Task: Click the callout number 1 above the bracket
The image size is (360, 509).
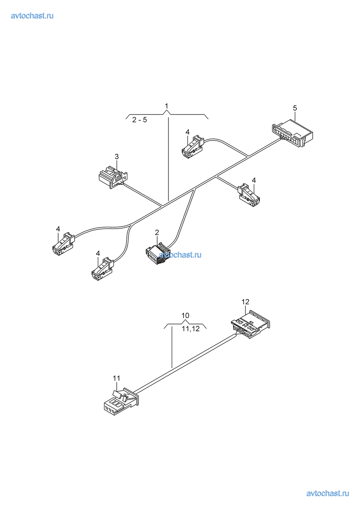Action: click(166, 106)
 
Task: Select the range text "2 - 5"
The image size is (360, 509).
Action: click(140, 120)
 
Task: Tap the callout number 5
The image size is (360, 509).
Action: click(295, 108)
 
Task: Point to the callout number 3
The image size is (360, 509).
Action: click(117, 156)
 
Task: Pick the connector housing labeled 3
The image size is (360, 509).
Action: click(112, 177)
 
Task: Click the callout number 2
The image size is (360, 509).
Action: click(157, 232)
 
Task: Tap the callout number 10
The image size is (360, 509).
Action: click(185, 315)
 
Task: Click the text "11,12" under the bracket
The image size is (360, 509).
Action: click(190, 329)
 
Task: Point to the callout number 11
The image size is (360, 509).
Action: click(116, 378)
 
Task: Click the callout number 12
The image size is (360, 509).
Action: click(245, 302)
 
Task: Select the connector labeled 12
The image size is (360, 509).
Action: click(250, 324)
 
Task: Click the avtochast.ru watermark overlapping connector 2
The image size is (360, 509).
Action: click(180, 255)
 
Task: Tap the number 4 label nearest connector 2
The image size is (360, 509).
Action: click(98, 254)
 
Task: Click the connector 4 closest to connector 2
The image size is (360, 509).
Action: click(103, 269)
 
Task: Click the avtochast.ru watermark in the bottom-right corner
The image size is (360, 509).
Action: click(327, 493)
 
